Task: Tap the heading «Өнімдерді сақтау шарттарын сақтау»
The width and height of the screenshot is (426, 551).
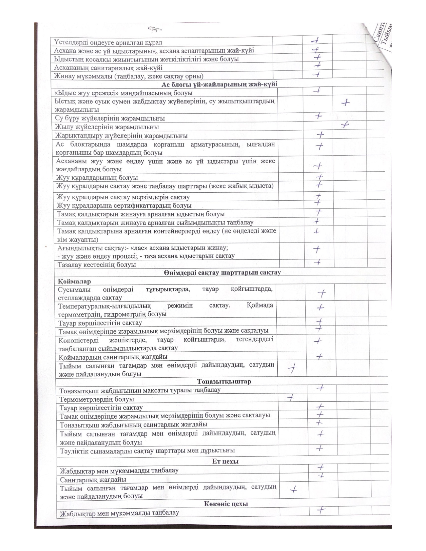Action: click(222, 272)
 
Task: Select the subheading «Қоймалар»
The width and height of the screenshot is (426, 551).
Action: click(74, 281)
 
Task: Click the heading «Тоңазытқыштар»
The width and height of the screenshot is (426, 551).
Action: click(224, 381)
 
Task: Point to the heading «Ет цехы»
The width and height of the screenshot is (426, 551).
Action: click(225, 462)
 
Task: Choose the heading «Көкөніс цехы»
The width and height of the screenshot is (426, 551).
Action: click(226, 504)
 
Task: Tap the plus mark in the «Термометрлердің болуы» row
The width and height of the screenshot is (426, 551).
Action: click(291, 397)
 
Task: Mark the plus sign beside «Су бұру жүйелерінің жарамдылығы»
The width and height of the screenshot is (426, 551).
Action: click(318, 116)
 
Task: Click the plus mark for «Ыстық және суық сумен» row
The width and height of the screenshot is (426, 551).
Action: click(346, 103)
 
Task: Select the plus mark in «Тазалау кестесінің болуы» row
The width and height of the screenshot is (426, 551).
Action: click(318, 262)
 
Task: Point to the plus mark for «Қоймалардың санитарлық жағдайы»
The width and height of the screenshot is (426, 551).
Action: click(319, 357)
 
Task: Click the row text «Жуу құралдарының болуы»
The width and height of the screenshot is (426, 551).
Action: click(97, 178)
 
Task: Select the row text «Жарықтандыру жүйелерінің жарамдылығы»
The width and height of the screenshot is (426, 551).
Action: click(122, 136)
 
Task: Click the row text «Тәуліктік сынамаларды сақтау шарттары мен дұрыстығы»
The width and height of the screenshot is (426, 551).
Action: click(147, 450)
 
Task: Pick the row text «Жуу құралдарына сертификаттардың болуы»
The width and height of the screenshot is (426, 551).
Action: click(124, 205)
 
